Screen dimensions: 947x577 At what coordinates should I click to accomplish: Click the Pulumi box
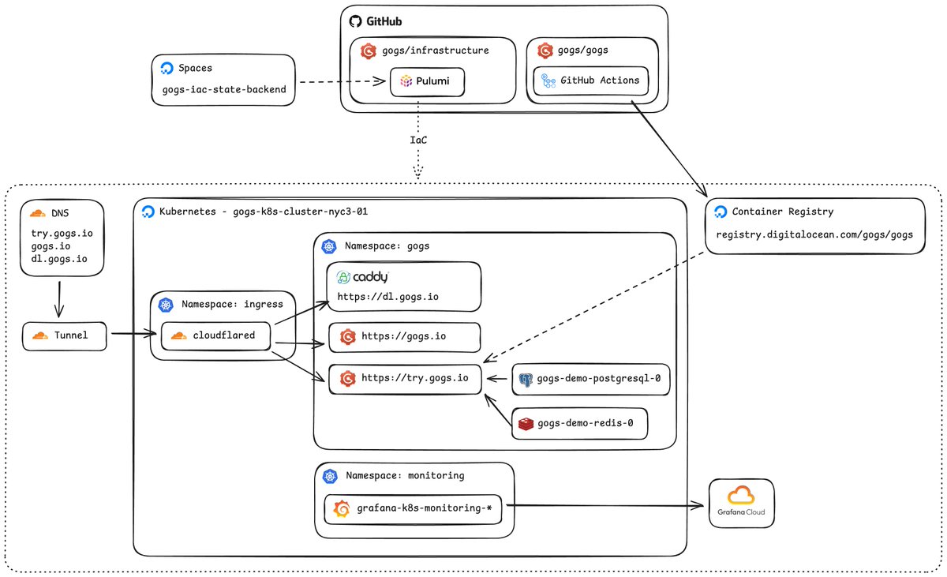[x=427, y=81]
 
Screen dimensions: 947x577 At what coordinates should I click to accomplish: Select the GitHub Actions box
[x=590, y=81]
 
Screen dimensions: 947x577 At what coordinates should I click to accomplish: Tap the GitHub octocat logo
[x=355, y=21]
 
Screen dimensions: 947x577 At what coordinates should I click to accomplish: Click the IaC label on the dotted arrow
[x=418, y=140]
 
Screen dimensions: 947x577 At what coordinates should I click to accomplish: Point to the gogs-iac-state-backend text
[x=224, y=90]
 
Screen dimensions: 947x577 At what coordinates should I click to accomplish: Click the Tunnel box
[x=64, y=336]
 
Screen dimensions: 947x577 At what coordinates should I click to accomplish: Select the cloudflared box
[x=215, y=336]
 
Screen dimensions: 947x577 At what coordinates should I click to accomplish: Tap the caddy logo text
[x=370, y=277]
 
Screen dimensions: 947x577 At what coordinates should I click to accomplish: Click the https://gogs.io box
[x=405, y=337]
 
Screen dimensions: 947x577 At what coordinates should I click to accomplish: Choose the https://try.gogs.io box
[x=405, y=379]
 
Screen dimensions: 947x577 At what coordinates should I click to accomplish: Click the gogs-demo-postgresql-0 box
[x=590, y=379]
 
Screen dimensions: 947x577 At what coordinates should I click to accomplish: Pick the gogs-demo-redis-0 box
[x=579, y=424]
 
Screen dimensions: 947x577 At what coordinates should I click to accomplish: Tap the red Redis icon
[x=526, y=424]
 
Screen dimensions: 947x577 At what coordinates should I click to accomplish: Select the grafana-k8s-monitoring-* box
[x=413, y=509]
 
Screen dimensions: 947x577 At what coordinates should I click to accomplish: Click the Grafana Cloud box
[x=742, y=503]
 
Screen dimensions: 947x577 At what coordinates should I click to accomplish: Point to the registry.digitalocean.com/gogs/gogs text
[x=814, y=234]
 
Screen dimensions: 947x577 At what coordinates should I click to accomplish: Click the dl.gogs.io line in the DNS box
[x=58, y=259]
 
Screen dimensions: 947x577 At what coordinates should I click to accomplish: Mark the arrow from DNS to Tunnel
[x=59, y=299]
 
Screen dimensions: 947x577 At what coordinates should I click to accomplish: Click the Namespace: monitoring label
[x=405, y=475]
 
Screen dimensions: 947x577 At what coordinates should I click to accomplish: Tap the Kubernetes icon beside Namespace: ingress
[x=166, y=305]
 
